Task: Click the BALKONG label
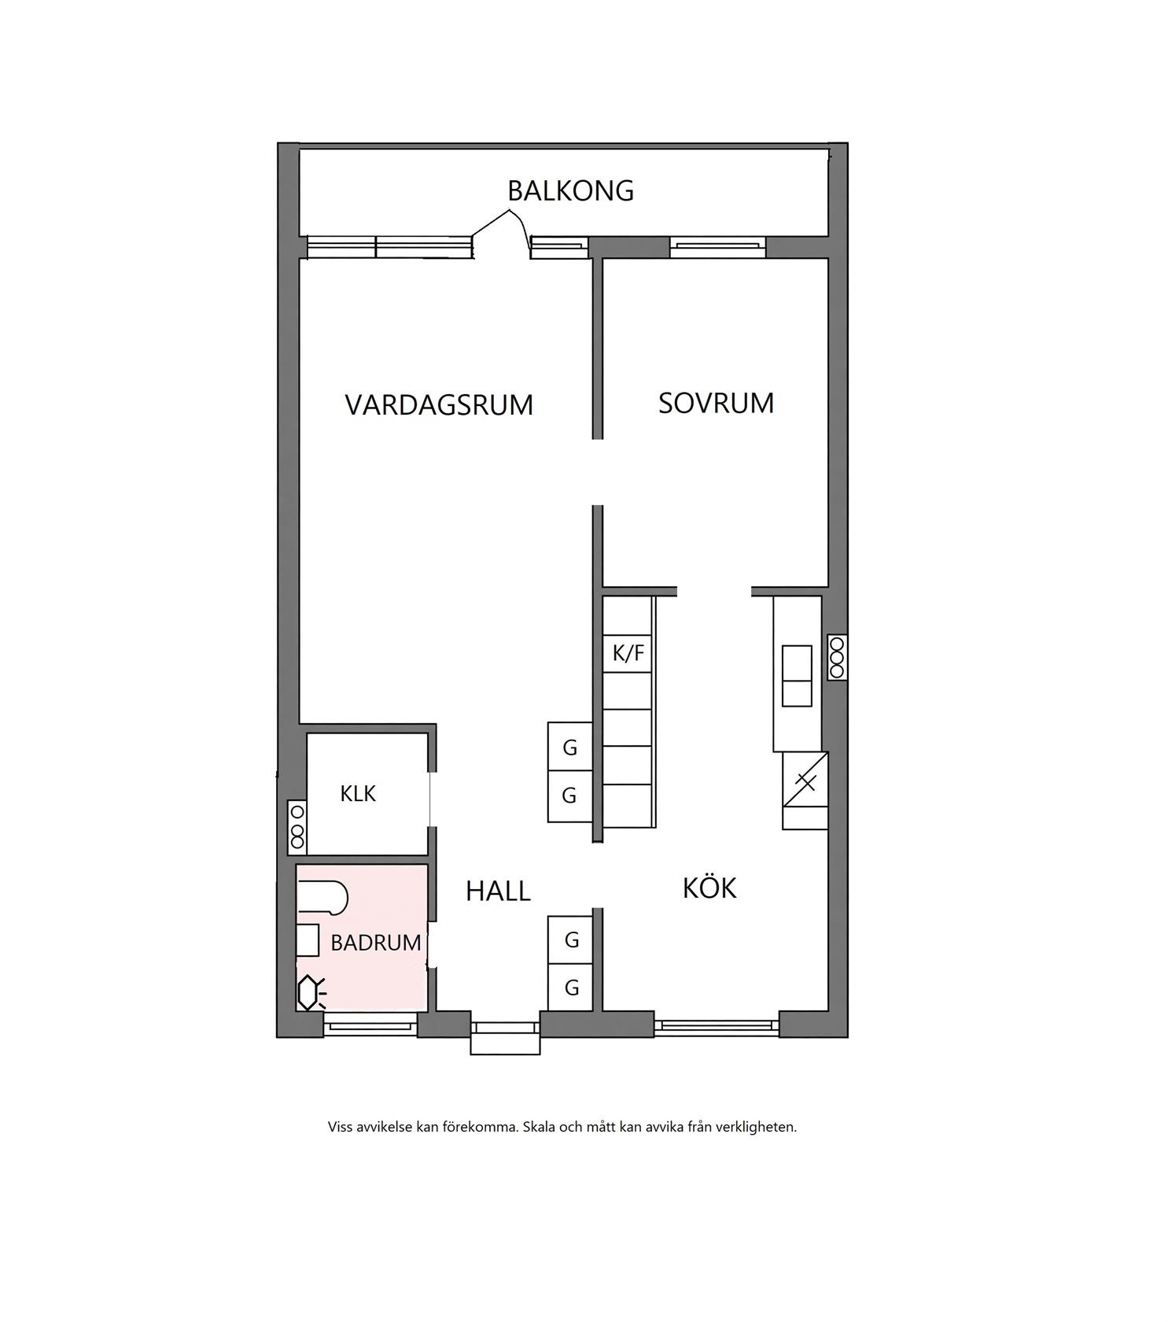click(x=570, y=191)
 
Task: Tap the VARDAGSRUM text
click(x=439, y=405)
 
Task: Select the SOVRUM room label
click(x=716, y=403)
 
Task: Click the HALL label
click(x=498, y=891)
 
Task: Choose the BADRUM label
click(x=376, y=943)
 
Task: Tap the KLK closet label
click(x=358, y=794)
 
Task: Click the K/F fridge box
click(x=628, y=653)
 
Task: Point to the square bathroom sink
click(x=308, y=940)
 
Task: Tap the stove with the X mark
click(x=805, y=790)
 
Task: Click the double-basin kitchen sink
click(x=797, y=676)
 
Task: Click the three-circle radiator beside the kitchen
click(x=837, y=657)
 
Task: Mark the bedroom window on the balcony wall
click(x=717, y=247)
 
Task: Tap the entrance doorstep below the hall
click(x=505, y=1043)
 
